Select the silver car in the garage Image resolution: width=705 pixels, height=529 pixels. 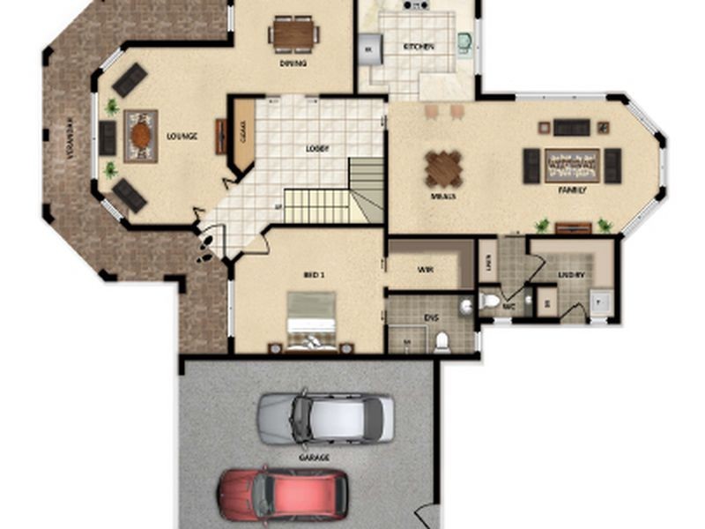coord(325,419)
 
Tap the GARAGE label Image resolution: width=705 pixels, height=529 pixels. coord(314,458)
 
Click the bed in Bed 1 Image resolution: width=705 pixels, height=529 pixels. coord(311,322)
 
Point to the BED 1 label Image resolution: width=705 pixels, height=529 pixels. coord(314,275)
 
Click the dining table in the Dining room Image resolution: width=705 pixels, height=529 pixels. coord(293,34)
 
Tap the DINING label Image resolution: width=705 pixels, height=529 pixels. coord(293,63)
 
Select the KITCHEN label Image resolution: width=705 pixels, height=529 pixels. coord(418,47)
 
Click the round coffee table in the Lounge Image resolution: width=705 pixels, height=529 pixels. coord(140,136)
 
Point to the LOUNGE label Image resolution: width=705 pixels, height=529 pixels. coord(182,137)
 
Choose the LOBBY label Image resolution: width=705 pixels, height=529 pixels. coord(317,148)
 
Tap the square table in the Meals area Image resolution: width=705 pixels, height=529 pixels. coord(443,168)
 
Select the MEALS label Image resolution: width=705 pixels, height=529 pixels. coord(443,196)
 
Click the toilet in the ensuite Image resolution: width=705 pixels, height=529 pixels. coord(442,341)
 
